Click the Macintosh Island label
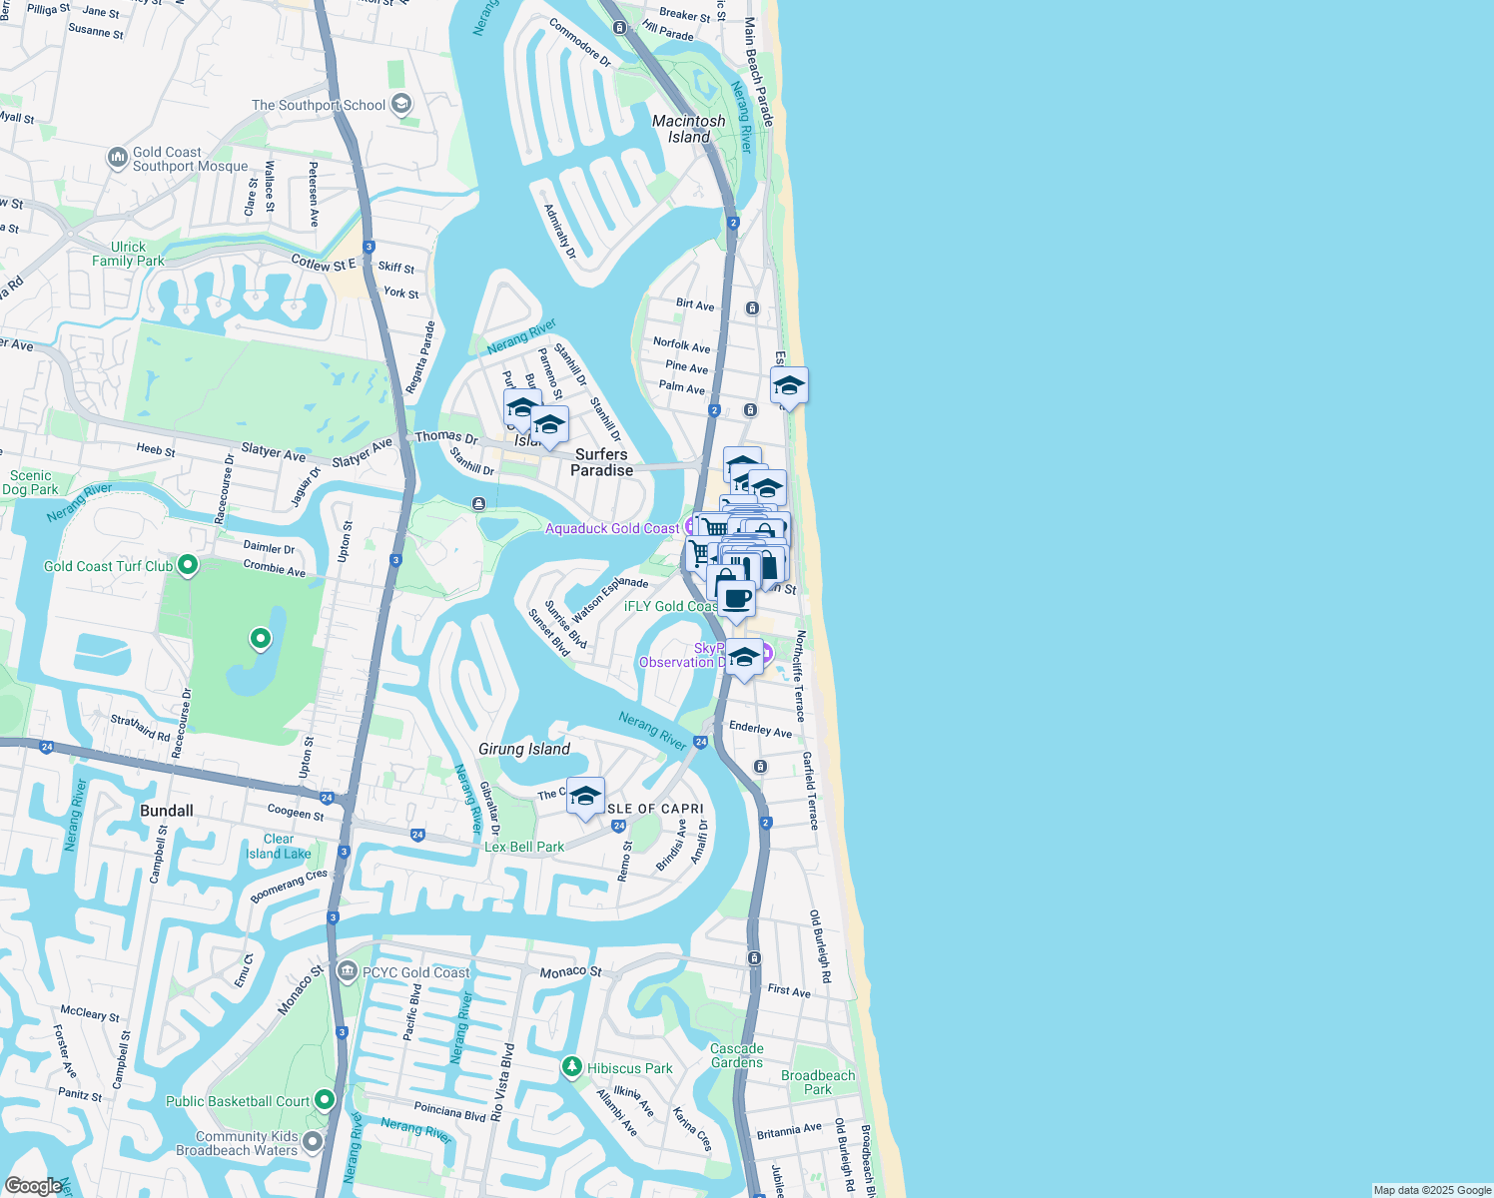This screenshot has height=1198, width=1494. (689, 129)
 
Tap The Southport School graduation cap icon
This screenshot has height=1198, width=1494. (401, 104)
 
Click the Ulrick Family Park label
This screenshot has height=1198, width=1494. (128, 254)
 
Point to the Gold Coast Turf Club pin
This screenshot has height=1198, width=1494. (187, 566)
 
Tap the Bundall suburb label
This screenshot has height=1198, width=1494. (167, 811)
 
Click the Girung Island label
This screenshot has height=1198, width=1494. (524, 749)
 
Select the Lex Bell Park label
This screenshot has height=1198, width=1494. (524, 847)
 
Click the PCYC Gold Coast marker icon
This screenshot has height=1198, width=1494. (348, 971)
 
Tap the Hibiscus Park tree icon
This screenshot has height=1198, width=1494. (571, 1067)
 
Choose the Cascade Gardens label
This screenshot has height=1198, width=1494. (737, 1055)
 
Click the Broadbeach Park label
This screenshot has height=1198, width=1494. (818, 1082)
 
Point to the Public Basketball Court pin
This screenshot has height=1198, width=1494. (325, 1100)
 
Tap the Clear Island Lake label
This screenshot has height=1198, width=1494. (279, 847)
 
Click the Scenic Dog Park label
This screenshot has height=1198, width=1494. (30, 482)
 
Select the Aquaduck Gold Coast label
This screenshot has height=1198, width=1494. (611, 528)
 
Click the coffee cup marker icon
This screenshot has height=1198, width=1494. (737, 599)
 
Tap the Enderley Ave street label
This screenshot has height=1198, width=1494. (760, 729)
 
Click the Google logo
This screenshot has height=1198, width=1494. (33, 1186)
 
